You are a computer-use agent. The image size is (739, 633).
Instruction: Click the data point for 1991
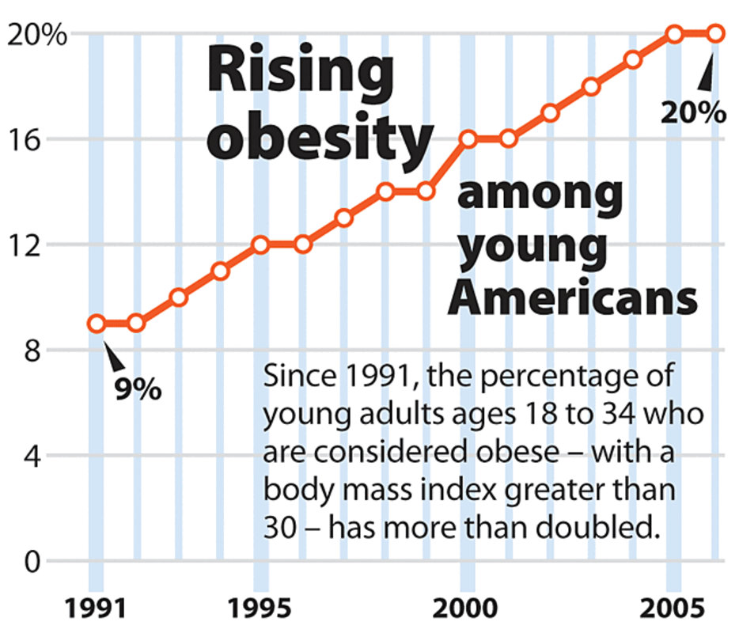[97, 324]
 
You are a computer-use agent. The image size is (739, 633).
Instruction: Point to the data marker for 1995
[261, 244]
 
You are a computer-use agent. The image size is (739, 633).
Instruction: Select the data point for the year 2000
[468, 140]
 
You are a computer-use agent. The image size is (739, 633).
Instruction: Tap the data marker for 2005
[674, 34]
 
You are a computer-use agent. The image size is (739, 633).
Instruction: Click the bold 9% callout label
[138, 389]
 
